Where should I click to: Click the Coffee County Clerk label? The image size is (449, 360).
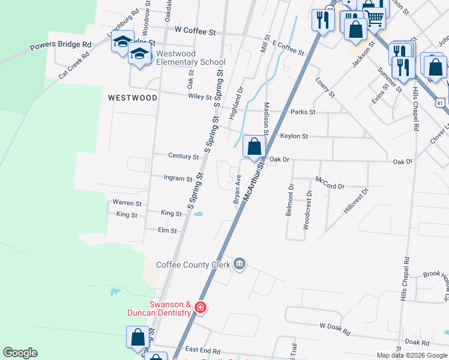pyautogui.click(x=193, y=265)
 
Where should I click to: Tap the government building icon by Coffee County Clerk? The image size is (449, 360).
pyautogui.click(x=240, y=264)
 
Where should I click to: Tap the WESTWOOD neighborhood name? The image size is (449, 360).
pyautogui.click(x=133, y=97)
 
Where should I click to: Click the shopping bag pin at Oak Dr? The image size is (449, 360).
pyautogui.click(x=254, y=146)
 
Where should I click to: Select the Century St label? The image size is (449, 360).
pyautogui.click(x=183, y=157)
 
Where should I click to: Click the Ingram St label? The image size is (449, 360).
pyautogui.click(x=178, y=178)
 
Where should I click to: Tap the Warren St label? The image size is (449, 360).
pyautogui.click(x=127, y=203)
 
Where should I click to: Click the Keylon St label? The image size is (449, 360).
pyautogui.click(x=294, y=136)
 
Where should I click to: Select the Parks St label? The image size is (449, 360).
pyautogui.click(x=303, y=112)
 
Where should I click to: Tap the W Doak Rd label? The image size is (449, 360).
pyautogui.click(x=335, y=326)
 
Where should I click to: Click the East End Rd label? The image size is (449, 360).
pyautogui.click(x=203, y=350)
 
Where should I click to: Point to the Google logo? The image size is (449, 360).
pyautogui.click(x=20, y=353)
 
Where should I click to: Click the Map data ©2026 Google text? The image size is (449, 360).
pyautogui.click(x=411, y=355)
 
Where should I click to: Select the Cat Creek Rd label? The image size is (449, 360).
pyautogui.click(x=73, y=64)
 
